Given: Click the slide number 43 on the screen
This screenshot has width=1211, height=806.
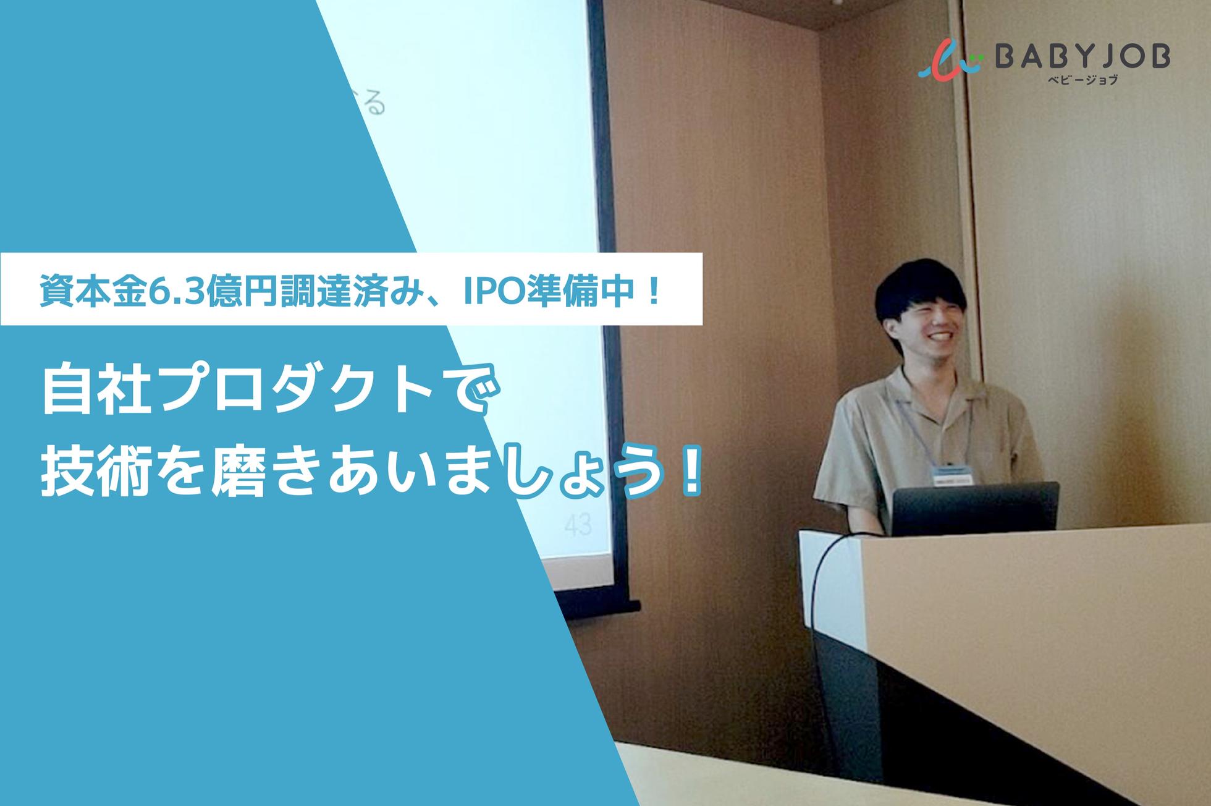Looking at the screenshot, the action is [x=578, y=525].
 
